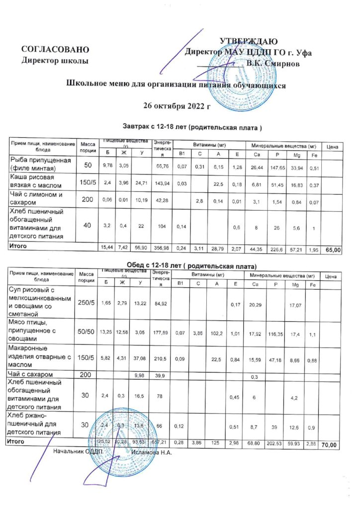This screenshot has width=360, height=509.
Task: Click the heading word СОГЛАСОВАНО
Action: [x=55, y=49]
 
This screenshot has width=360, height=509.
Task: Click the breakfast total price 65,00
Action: [x=333, y=250]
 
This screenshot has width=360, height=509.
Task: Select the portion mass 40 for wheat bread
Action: [x=88, y=225]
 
